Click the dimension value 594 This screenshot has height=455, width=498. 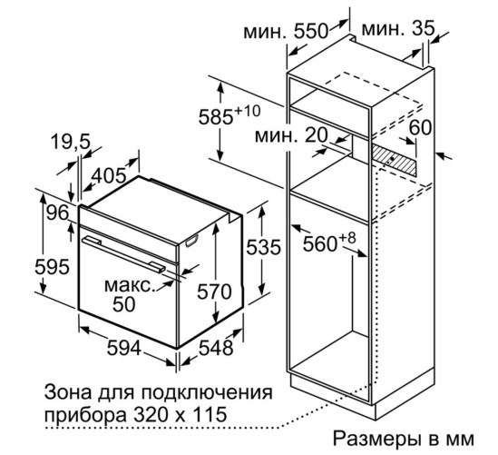pyautogui.click(x=123, y=348)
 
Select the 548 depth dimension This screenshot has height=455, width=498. pyautogui.click(x=216, y=348)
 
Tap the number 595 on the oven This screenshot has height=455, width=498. pyautogui.click(x=52, y=267)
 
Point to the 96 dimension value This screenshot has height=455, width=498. pyautogui.click(x=58, y=213)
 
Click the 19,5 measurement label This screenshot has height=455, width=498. pyautogui.click(x=71, y=142)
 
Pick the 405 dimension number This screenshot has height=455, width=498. pyautogui.click(x=110, y=175)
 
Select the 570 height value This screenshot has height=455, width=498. pyautogui.click(x=214, y=292)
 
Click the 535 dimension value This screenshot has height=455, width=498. pyautogui.click(x=264, y=247)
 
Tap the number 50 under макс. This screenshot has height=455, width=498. pyautogui.click(x=124, y=304)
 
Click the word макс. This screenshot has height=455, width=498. pyautogui.click(x=131, y=285)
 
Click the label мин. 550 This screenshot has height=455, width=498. pyautogui.click(x=285, y=31)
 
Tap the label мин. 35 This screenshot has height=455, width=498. pyautogui.click(x=397, y=29)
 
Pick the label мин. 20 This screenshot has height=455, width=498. pyautogui.click(x=291, y=135)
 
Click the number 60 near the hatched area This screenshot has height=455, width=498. pyautogui.click(x=420, y=127)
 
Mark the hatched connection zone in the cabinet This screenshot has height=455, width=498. pyautogui.click(x=394, y=160)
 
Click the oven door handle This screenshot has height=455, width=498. pyautogui.click(x=123, y=254)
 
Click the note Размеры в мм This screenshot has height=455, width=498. pyautogui.click(x=404, y=439)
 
